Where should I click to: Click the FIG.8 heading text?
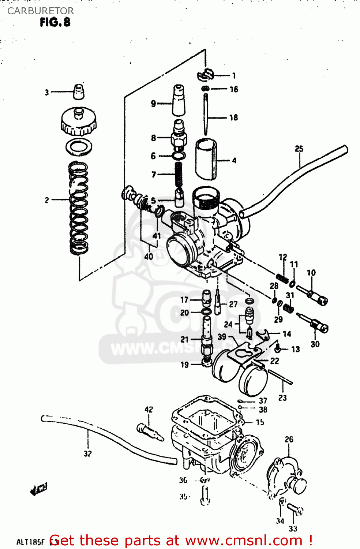tap(55, 22)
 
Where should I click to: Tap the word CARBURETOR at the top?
tap(40, 11)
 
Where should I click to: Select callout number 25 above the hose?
tap(299, 149)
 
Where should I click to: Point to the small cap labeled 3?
tap(79, 91)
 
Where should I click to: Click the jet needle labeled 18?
tap(206, 114)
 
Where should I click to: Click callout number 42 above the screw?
tap(149, 410)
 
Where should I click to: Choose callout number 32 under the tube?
tap(87, 453)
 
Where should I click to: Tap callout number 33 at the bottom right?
tap(293, 529)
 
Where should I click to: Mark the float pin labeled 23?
tap(280, 377)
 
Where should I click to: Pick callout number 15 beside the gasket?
tap(260, 422)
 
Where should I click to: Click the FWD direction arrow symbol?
tap(39, 489)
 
